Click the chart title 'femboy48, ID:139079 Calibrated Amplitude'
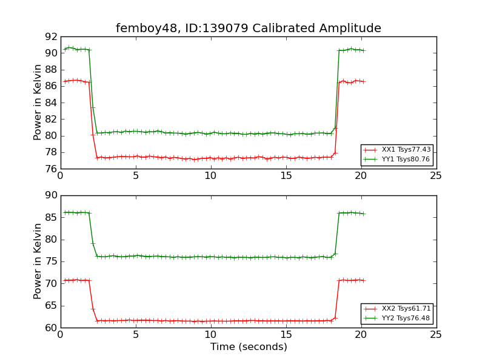[x=249, y=29]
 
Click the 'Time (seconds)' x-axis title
[x=249, y=347]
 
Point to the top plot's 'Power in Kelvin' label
[x=38, y=103]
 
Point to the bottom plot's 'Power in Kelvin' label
[x=38, y=261]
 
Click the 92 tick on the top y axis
[x=50, y=36]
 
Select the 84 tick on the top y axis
[x=50, y=103]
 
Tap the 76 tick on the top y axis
[x=50, y=169]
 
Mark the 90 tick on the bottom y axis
[x=50, y=195]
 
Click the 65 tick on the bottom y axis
[x=50, y=306]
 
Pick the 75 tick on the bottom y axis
[x=50, y=261]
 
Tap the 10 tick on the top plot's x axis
[x=210, y=176]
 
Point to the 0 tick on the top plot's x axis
[x=60, y=176]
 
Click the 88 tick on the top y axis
[x=50, y=70]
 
